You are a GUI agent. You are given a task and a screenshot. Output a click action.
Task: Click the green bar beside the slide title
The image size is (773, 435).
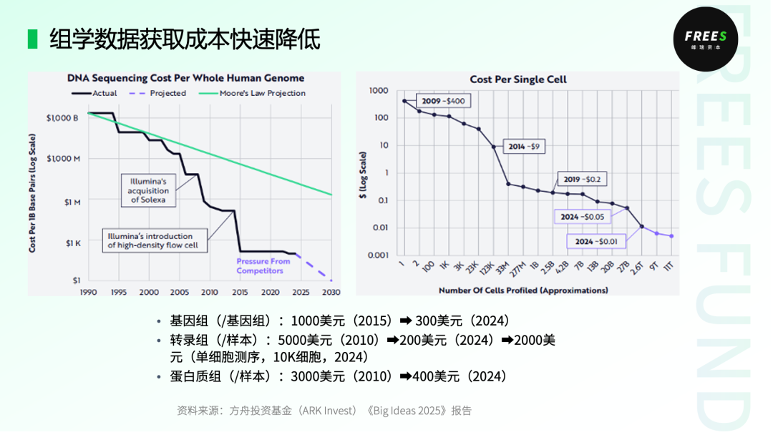32,39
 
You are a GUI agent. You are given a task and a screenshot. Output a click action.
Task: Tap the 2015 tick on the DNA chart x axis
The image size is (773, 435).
240,292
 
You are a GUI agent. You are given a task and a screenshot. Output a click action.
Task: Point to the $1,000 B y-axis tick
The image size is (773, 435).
63,117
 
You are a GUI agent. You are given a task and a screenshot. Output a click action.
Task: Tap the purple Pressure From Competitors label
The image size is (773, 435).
263,266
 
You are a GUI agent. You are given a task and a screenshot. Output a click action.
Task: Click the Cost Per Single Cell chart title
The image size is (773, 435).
517,79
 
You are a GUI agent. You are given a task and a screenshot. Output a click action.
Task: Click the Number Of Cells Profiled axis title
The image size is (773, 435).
522,290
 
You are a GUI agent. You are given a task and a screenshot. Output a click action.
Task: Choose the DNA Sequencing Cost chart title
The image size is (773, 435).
186,78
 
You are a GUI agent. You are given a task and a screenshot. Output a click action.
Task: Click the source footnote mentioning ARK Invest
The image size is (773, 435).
324,411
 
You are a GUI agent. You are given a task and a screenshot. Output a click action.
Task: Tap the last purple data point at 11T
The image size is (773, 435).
671,236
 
